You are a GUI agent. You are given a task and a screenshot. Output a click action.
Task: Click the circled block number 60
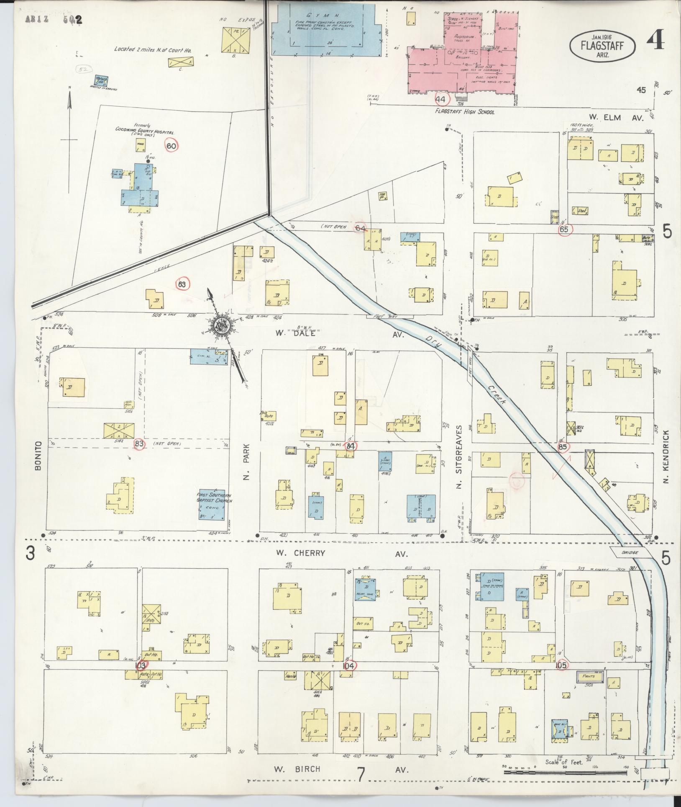pyautogui.click(x=172, y=146)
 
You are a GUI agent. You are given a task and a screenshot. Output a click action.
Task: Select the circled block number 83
pyautogui.click(x=139, y=444)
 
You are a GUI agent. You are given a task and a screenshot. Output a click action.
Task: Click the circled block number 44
pyautogui.click(x=441, y=100)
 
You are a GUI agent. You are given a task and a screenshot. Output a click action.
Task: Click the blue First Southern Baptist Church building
pyautogui.click(x=214, y=504)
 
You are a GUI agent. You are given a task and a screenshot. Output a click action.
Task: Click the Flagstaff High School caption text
pyautogui.click(x=464, y=112)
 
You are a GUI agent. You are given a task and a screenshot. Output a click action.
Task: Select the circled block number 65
pyautogui.click(x=564, y=229)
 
